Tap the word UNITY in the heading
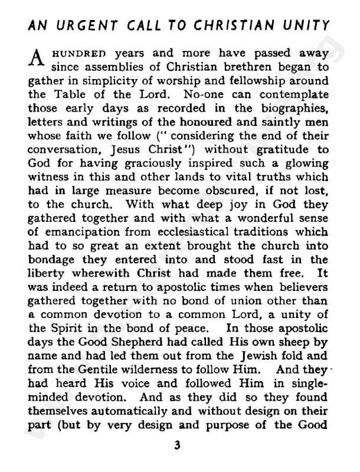[306, 26]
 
